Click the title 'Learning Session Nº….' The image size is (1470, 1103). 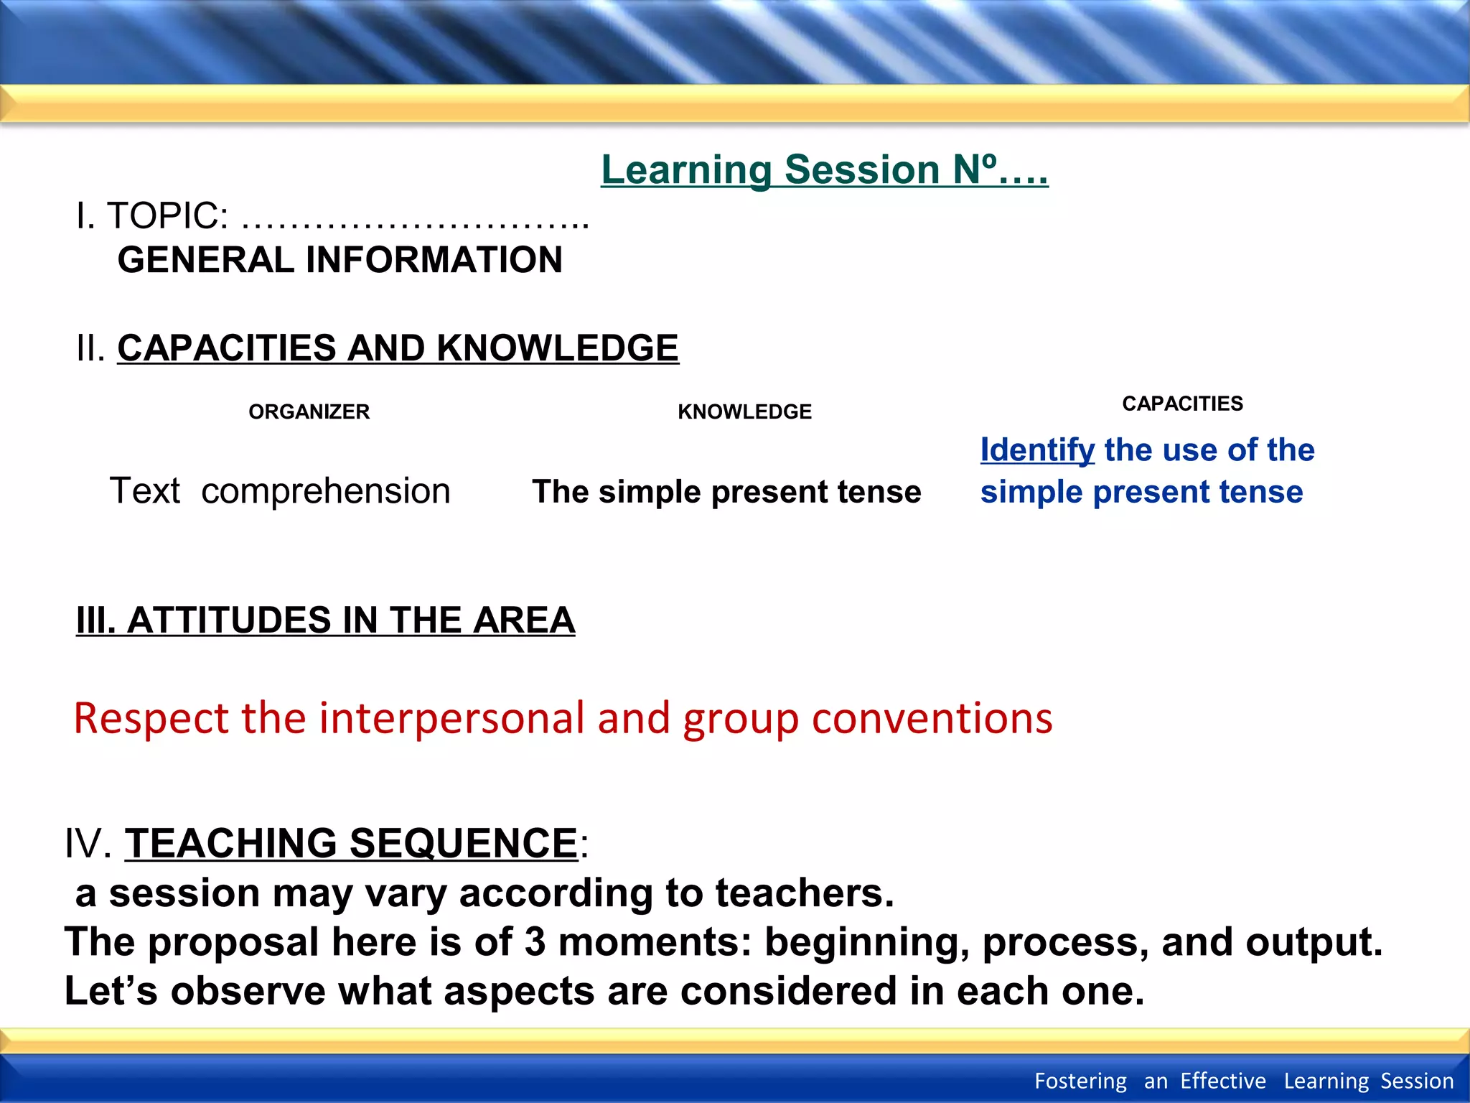pyautogui.click(x=824, y=170)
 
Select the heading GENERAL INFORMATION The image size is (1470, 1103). pyautogui.click(x=340, y=260)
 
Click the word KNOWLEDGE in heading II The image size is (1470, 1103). pyautogui.click(x=557, y=348)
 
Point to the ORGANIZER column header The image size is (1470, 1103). pyautogui.click(x=309, y=411)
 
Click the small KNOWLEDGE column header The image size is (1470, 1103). pyautogui.click(x=744, y=411)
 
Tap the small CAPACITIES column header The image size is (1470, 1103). pyautogui.click(x=1182, y=404)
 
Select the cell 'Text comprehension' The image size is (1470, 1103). pyautogui.click(x=280, y=491)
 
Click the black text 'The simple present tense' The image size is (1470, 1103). pyautogui.click(x=726, y=492)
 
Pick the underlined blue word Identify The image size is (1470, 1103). pyautogui.click(x=1037, y=450)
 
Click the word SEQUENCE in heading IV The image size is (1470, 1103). pyautogui.click(x=463, y=843)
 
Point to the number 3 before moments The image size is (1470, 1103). pyautogui.click(x=535, y=942)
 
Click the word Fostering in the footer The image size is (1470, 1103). pyautogui.click(x=1080, y=1081)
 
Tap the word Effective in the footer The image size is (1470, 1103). pyautogui.click(x=1223, y=1081)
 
